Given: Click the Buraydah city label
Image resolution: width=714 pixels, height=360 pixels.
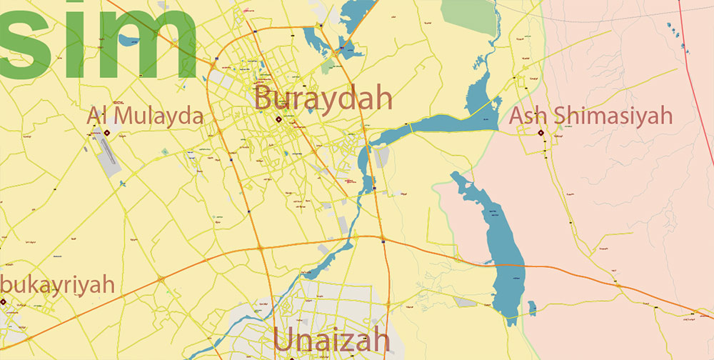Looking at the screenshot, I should pyautogui.click(x=323, y=97).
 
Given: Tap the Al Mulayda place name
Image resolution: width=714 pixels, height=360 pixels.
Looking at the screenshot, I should pyautogui.click(x=146, y=116).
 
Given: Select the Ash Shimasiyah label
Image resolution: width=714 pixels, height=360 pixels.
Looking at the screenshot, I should pyautogui.click(x=591, y=115).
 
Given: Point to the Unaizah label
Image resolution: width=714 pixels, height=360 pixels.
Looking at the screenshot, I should pyautogui.click(x=332, y=341).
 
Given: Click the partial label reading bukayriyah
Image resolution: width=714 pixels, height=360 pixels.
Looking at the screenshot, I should pyautogui.click(x=59, y=284).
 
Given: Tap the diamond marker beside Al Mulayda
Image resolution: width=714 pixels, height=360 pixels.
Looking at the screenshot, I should pyautogui.click(x=107, y=132).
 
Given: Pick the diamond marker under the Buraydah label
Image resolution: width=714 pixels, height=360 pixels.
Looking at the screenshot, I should pyautogui.click(x=278, y=120).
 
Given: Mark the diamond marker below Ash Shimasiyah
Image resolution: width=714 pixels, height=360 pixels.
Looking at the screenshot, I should pyautogui.click(x=540, y=132).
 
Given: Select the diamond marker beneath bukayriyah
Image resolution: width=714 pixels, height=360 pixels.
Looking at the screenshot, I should pyautogui.click(x=3, y=301).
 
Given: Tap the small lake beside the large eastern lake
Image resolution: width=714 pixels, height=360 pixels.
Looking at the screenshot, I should pyautogui.click(x=531, y=308).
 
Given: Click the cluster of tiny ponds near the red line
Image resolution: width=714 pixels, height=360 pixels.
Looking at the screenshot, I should pyautogui.click(x=675, y=32).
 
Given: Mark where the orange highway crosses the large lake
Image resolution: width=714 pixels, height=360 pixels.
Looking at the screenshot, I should pyautogui.click(x=508, y=264).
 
